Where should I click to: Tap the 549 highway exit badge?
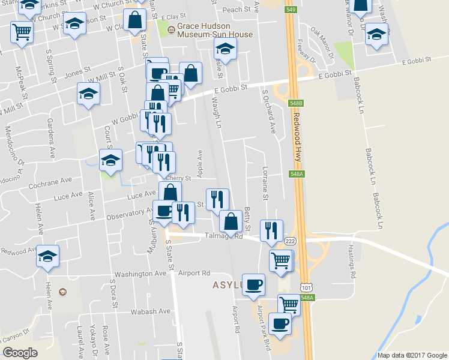tap(291, 10)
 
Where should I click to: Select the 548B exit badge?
tap(294, 103)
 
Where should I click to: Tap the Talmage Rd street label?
tap(224, 236)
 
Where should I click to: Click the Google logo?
tap(20, 353)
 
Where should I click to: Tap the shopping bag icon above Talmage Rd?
tap(231, 221)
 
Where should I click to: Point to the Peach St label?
tap(236, 10)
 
